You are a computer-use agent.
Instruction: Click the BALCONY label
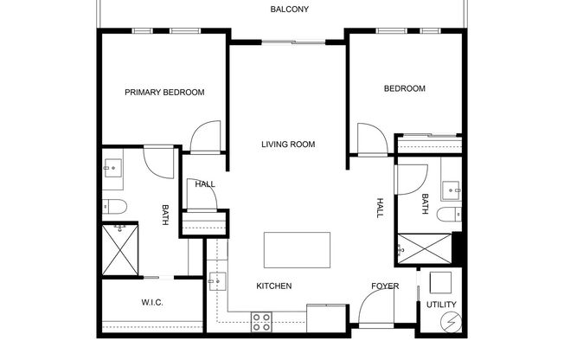point(289,10)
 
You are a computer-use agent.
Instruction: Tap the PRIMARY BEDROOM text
point(164,93)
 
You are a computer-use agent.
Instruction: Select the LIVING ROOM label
point(288,145)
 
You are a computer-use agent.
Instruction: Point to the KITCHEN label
point(273,286)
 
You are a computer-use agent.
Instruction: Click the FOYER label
point(385,286)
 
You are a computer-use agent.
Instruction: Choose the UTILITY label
point(440,305)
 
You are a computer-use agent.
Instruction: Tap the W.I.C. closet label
point(152,302)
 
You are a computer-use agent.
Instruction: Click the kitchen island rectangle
point(297,251)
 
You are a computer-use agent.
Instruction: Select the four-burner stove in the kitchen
point(262,320)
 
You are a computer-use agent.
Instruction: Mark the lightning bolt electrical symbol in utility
point(450,323)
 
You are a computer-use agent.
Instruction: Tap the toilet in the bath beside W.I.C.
point(114,206)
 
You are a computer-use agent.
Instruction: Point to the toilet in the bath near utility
point(450,215)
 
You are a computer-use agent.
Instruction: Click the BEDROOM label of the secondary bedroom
point(405,88)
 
